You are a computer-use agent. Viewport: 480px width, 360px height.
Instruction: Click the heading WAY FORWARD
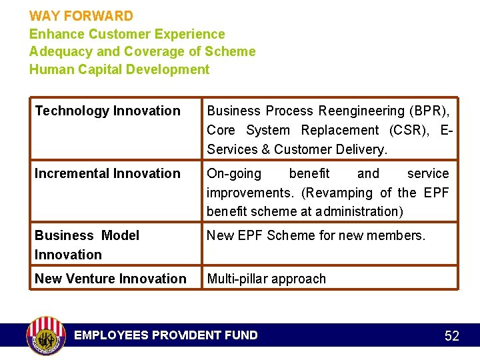click(x=81, y=15)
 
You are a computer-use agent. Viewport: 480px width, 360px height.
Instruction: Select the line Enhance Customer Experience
click(x=127, y=33)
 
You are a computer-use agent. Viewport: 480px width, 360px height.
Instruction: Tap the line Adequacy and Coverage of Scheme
click(x=142, y=51)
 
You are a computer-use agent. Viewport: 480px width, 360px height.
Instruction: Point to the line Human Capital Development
click(x=119, y=69)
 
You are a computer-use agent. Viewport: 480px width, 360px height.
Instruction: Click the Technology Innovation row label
click(x=107, y=111)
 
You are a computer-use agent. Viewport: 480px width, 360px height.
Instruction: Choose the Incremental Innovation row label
click(x=107, y=173)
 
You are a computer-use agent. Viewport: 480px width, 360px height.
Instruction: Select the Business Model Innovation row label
click(x=87, y=245)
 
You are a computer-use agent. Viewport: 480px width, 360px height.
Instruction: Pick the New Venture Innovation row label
click(x=111, y=279)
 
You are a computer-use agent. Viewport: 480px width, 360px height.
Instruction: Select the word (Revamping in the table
click(x=339, y=193)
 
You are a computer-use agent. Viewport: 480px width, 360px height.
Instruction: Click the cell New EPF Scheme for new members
click(x=315, y=235)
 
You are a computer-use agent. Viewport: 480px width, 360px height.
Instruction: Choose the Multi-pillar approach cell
click(x=266, y=279)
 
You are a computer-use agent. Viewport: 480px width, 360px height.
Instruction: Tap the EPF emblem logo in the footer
click(x=46, y=335)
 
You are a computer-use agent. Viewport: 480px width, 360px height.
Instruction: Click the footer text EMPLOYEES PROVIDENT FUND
click(x=165, y=335)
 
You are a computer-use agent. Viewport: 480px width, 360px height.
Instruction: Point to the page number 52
click(x=451, y=336)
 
